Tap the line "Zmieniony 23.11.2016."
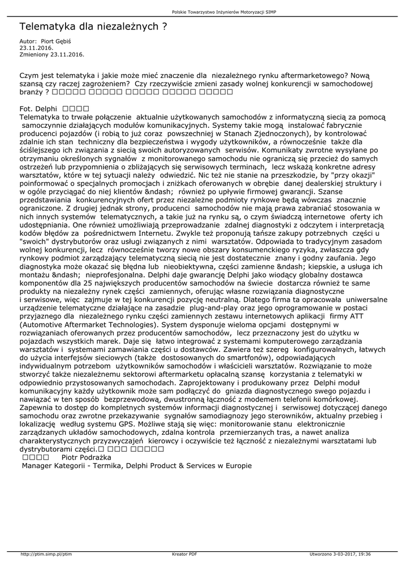[52, 54]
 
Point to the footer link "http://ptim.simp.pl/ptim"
[46, 554]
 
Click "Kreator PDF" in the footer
[184, 554]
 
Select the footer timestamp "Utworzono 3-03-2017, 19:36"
[341, 554]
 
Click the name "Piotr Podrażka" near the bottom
[86, 457]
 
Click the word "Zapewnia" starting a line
[38, 407]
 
